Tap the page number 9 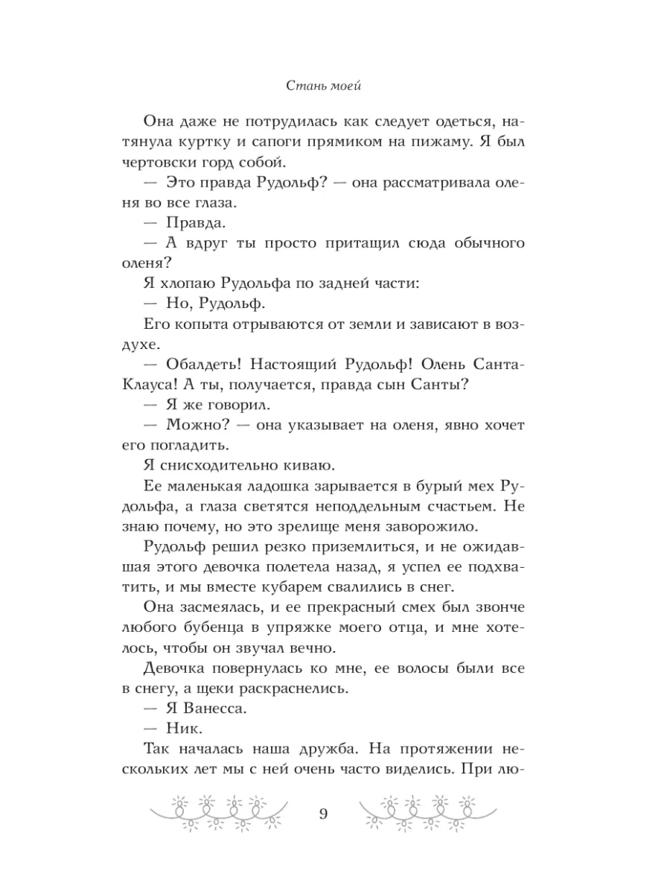tap(322, 812)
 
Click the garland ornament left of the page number tap(217, 812)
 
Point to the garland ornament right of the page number tap(427, 812)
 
